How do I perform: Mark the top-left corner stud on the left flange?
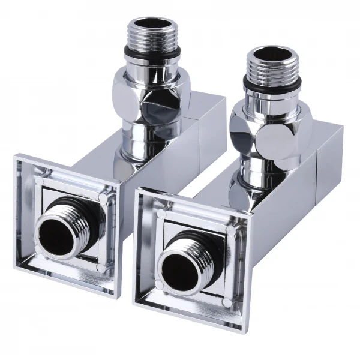coord(40,179)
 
